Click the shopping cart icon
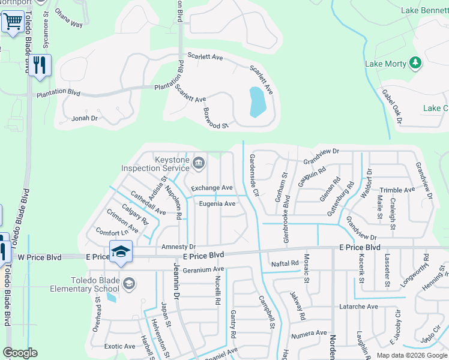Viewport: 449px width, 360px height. coord(12,23)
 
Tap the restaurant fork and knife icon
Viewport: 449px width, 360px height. coord(40,65)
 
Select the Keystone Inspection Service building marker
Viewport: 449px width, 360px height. coord(199,163)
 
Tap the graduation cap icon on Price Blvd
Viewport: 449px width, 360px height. coord(120,252)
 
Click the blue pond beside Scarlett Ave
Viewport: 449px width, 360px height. coord(257,101)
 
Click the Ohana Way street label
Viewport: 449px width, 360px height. coord(68,24)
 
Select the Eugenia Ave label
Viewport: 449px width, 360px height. coord(217,203)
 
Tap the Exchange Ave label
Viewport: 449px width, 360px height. coord(211,188)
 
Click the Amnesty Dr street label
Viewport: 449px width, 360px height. coord(178,247)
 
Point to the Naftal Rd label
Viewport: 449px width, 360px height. coord(285,263)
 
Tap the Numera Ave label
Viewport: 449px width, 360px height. coord(309,332)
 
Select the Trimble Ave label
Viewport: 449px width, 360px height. coord(397,190)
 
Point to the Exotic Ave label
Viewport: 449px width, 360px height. coord(119,346)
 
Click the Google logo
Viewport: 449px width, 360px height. coord(20,353)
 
